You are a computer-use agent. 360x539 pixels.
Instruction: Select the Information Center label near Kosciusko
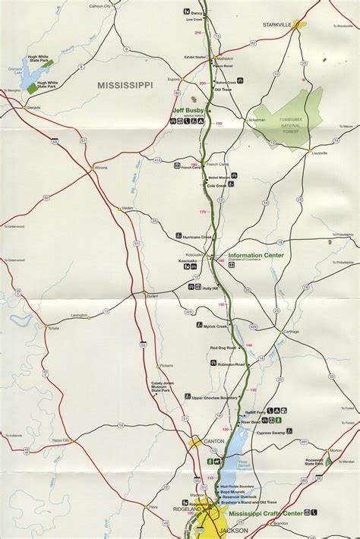coord(256,255)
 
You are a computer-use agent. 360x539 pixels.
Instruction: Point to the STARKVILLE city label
coord(277,24)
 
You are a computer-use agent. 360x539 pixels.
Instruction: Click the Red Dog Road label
coord(223,348)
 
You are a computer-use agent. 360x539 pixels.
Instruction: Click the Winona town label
coord(101,167)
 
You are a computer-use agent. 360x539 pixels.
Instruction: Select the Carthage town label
coord(291,332)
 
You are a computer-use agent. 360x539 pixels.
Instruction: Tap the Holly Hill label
coord(210,288)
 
